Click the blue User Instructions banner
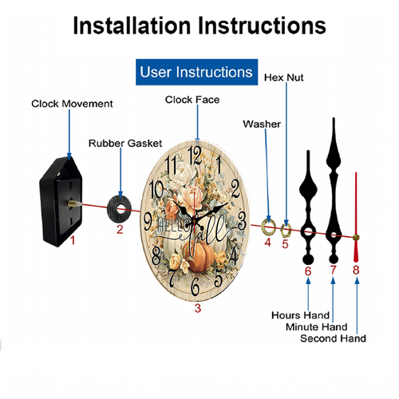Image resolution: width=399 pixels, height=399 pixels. pyautogui.click(x=196, y=72)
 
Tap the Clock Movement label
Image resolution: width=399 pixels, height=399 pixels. pyautogui.click(x=72, y=104)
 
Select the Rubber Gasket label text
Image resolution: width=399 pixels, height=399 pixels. pyautogui.click(x=125, y=144)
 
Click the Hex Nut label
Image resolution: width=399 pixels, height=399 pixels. pyautogui.click(x=283, y=77)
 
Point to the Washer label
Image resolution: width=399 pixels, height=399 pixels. pyautogui.click(x=262, y=124)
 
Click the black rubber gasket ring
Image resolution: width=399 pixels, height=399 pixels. pyautogui.click(x=120, y=209)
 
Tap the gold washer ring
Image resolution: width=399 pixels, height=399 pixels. pyautogui.click(x=268, y=227)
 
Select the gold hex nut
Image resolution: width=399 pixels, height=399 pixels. pyautogui.click(x=286, y=231)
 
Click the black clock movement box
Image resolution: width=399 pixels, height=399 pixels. pyautogui.click(x=61, y=202)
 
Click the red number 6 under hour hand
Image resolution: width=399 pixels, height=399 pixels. pyautogui.click(x=308, y=271)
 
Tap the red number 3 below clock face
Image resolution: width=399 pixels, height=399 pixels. pyautogui.click(x=198, y=308)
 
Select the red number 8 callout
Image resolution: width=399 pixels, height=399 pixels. pyautogui.click(x=356, y=271)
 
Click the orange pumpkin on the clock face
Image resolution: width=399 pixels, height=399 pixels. pyautogui.click(x=199, y=257)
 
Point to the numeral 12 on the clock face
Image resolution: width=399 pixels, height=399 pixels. pyautogui.click(x=195, y=156)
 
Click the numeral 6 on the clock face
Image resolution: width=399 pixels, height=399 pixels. pyautogui.click(x=195, y=286)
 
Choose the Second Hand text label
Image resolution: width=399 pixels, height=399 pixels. pyautogui.click(x=333, y=338)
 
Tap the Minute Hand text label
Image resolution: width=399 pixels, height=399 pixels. pyautogui.click(x=317, y=327)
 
